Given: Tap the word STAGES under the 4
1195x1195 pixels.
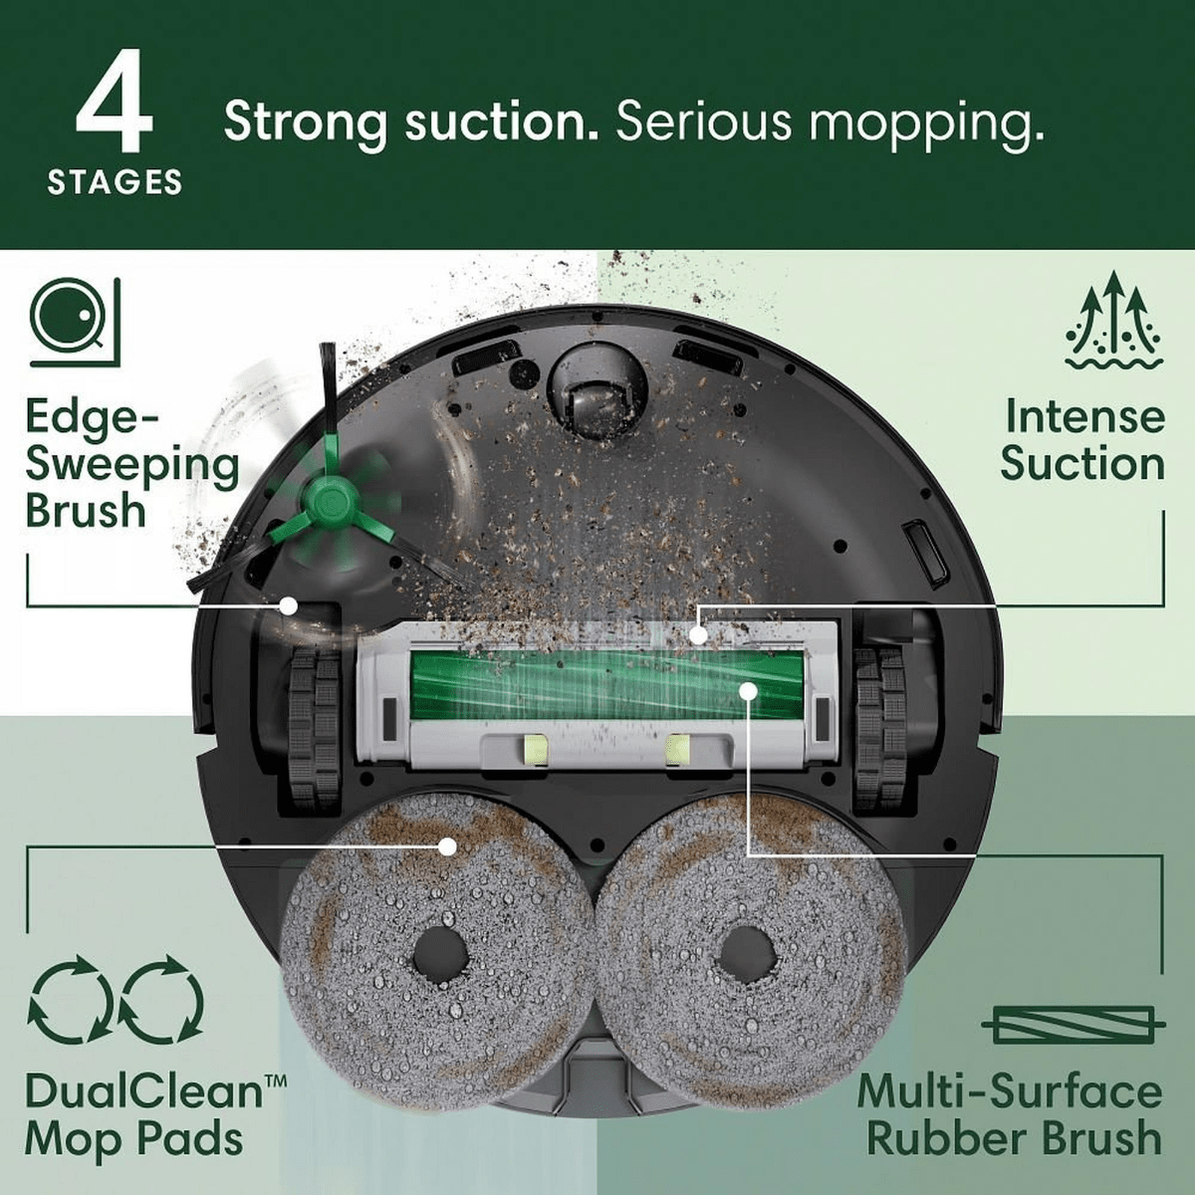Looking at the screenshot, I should [115, 183].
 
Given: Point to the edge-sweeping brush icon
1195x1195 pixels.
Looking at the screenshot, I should [75, 323].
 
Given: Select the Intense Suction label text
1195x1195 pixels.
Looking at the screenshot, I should [1082, 440].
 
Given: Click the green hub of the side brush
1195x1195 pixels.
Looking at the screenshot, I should [328, 501].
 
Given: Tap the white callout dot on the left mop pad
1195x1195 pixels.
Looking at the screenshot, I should [448, 845].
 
